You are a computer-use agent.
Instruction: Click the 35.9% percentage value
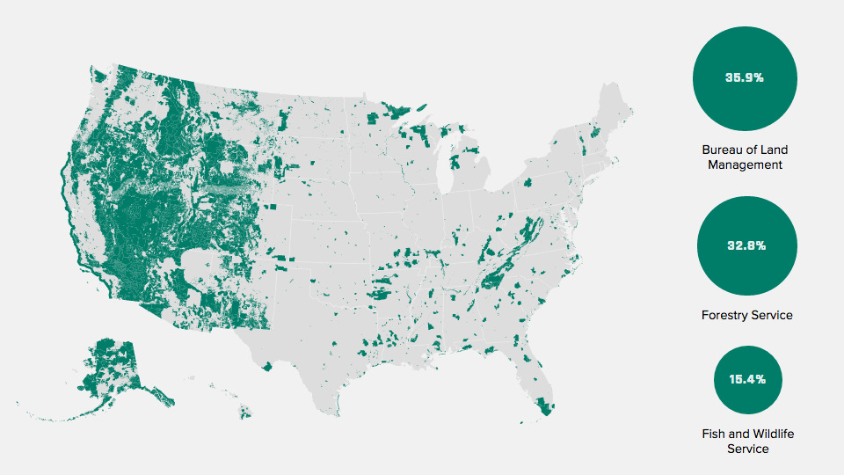tap(744, 77)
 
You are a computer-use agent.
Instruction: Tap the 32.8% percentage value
tap(746, 245)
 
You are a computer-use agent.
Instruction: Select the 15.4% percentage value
tap(746, 380)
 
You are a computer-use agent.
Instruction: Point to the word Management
tap(746, 164)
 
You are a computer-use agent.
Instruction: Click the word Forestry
tap(723, 315)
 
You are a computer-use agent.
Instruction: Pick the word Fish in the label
tap(715, 434)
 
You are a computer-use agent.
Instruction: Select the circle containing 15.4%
tap(746, 380)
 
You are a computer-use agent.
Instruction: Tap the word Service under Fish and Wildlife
tap(747, 449)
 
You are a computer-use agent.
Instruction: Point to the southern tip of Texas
tap(335, 411)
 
